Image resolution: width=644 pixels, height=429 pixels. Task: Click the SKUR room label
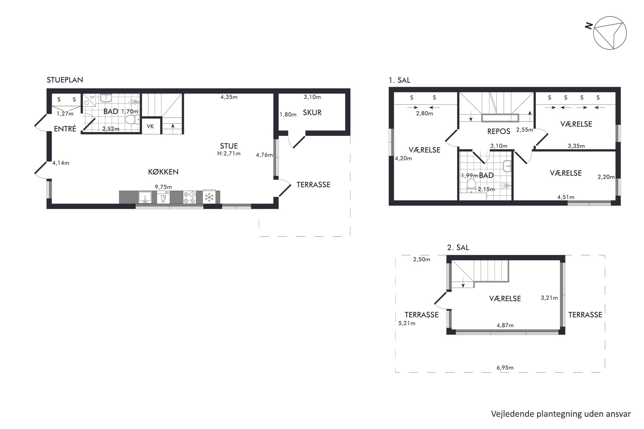[x=312, y=113]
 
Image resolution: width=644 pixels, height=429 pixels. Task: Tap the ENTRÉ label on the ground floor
[x=65, y=129]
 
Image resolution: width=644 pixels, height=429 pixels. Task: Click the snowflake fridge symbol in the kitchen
[x=209, y=197]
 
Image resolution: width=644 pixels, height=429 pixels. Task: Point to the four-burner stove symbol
[x=190, y=197]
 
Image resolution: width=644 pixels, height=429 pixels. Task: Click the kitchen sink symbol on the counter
[x=145, y=197]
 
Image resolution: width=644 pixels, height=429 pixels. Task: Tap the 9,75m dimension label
[x=163, y=187]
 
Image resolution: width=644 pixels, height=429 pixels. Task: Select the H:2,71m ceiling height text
[x=229, y=154]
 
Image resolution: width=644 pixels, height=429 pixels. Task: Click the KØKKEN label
[x=163, y=172]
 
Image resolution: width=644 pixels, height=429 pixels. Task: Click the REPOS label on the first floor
[x=499, y=131]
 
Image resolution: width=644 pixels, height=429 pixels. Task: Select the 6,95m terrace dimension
[x=505, y=368]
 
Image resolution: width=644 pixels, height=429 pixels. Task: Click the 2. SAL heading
[x=458, y=247]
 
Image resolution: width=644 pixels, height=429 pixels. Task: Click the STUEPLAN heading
[x=65, y=80]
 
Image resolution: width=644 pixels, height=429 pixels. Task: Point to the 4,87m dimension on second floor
[x=505, y=325]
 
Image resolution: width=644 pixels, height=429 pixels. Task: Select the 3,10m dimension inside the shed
[x=312, y=97]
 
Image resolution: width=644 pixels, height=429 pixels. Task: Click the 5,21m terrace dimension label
[x=407, y=323]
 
